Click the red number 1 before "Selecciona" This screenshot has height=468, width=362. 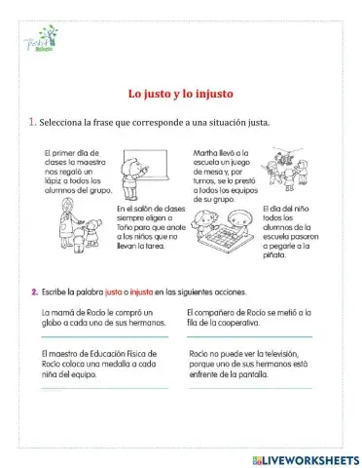tap(32, 122)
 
